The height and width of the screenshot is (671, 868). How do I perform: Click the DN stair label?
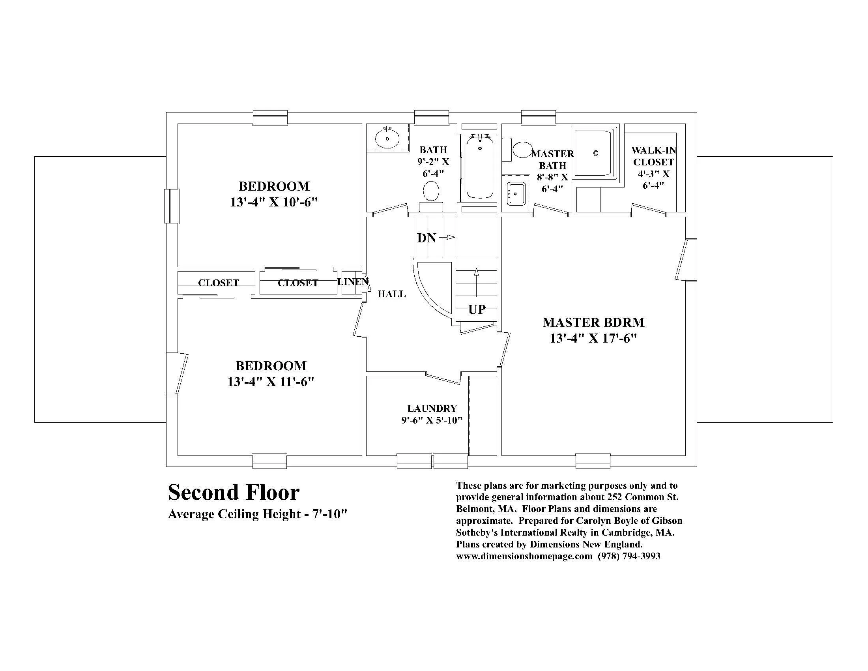coord(427,238)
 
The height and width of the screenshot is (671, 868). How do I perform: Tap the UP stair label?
coord(477,309)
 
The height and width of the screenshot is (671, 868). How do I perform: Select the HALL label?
coord(391,294)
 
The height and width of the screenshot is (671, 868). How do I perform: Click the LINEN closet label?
coord(352,282)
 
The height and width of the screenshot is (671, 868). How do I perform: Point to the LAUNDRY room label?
coord(432,408)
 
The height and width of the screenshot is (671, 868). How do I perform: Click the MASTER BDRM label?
coord(593,322)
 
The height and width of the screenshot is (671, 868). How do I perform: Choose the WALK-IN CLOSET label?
coord(653,156)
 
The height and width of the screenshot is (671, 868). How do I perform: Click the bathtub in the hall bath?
coord(480,167)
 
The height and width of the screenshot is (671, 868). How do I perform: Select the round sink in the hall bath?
coord(387,138)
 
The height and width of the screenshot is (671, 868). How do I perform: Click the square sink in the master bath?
coord(516,194)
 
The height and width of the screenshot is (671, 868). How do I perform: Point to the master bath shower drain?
coord(595,153)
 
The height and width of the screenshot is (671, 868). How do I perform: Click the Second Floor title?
coord(234,493)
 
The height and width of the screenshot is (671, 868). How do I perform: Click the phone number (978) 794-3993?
coord(629,556)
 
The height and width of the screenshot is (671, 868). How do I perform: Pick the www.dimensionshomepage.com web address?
coord(524,556)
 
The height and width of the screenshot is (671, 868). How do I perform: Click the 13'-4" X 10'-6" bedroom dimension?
coord(274,202)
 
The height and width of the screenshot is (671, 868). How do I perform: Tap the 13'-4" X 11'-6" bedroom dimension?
coord(271,382)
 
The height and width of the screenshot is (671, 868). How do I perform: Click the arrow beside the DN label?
coord(449,237)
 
